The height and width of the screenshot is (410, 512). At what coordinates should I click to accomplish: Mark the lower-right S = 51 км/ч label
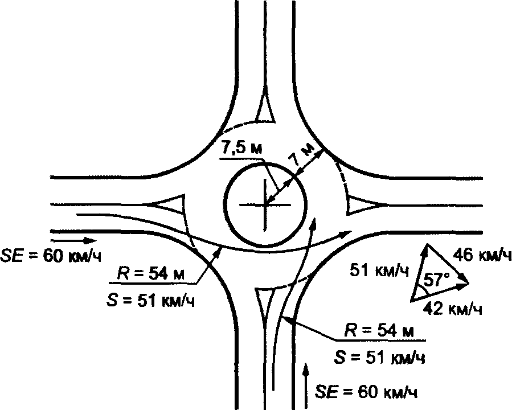coord(379,358)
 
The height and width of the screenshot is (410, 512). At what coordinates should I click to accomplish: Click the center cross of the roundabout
coord(265,204)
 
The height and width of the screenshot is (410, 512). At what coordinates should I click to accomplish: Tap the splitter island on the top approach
coord(265,109)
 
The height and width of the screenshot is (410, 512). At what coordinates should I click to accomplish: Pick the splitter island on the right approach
coord(361,204)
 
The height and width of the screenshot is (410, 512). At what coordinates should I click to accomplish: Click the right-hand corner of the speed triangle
coord(469,281)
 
